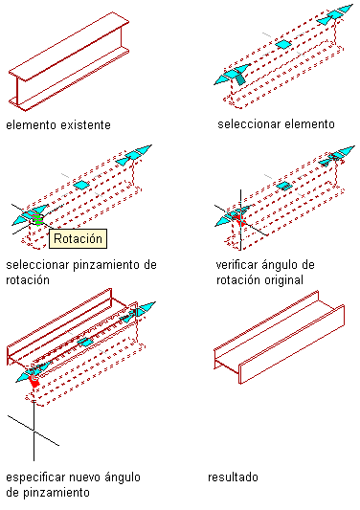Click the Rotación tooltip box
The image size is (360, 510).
[78, 239]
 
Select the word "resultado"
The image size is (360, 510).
[233, 477]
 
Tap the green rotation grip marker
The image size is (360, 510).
[37, 219]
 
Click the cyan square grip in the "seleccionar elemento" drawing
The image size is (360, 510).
[283, 44]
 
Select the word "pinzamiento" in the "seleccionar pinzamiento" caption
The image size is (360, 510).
[106, 265]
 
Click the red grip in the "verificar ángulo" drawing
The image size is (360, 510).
[240, 219]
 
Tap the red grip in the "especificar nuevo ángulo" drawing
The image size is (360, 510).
[34, 381]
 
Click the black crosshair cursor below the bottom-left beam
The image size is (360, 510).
[34, 430]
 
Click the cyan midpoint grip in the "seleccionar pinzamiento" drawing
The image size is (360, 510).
[81, 186]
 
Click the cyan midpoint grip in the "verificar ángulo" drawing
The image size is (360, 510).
[284, 186]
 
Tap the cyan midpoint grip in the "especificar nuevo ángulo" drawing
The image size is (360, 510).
[85, 343]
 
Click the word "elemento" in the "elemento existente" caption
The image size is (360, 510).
[32, 125]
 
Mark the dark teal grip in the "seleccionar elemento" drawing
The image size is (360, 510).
[240, 79]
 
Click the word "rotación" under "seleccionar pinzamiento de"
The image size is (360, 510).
[28, 280]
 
